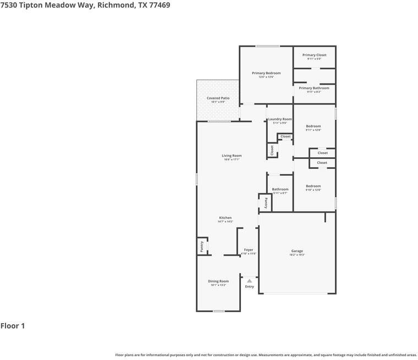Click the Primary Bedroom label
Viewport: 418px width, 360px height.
tap(266, 73)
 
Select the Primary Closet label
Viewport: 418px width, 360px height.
tap(314, 55)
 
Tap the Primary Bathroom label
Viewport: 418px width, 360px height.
tap(314, 88)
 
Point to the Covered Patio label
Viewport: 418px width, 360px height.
tap(218, 98)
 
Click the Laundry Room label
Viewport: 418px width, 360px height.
tap(280, 119)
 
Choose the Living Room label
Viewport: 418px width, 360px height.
tap(232, 156)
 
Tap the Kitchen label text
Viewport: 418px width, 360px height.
tap(226, 218)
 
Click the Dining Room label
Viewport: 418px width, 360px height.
tap(218, 281)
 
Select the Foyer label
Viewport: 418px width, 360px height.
tap(249, 250)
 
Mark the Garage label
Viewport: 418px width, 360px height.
tap(297, 251)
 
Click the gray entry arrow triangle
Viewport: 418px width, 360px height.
tap(249, 281)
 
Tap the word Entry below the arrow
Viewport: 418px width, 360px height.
tap(249, 286)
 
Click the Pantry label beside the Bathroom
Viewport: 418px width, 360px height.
tap(266, 203)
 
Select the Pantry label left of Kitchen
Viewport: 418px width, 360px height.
tap(202, 246)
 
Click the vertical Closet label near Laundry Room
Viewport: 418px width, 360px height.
tap(271, 150)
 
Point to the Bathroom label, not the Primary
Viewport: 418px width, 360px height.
tap(280, 189)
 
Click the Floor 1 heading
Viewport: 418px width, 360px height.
tap(13, 326)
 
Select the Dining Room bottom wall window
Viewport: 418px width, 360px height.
tap(218, 311)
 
